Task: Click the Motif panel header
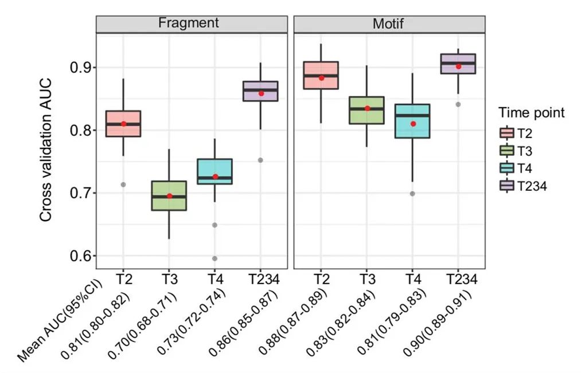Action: tap(389, 23)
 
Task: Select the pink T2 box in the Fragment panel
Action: tap(123, 123)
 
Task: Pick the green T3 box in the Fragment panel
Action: tap(169, 195)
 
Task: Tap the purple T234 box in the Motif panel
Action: tap(458, 64)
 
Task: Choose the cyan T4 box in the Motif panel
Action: tap(413, 121)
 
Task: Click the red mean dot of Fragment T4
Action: tap(215, 176)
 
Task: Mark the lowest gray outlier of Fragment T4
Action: tap(215, 258)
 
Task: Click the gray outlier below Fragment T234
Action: tap(260, 160)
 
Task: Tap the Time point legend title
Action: tap(531, 113)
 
